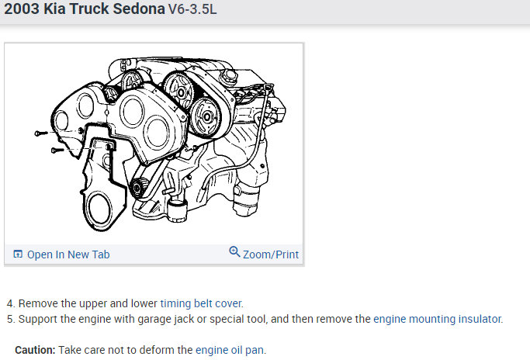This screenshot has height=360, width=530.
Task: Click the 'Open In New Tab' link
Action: [x=68, y=254]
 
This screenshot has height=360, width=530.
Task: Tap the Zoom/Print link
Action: [x=271, y=254]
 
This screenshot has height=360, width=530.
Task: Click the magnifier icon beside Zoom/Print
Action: [x=234, y=252]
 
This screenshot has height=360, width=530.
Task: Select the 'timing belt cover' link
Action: [x=201, y=303]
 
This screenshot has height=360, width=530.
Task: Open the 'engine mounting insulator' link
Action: [x=438, y=319]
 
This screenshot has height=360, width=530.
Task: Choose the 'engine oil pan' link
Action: [x=230, y=350]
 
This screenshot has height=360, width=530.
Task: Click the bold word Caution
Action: [x=35, y=350]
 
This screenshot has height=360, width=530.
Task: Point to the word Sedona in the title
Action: [x=139, y=9]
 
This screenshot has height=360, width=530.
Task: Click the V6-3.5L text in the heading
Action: [x=192, y=9]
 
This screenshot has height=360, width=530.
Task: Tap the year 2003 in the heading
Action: [x=22, y=9]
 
